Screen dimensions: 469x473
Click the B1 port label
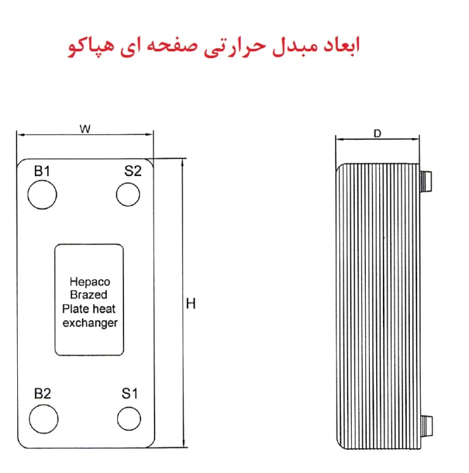click(42, 171)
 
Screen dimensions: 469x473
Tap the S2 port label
click(133, 171)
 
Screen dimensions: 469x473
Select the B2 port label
click(43, 394)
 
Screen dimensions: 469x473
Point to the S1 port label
click(129, 394)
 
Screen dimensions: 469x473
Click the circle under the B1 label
click(42, 180)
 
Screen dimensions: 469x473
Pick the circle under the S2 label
click(128, 183)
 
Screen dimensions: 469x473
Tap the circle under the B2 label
click(44, 405)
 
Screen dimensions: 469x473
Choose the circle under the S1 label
click(129, 407)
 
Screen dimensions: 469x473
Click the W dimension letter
click(85, 129)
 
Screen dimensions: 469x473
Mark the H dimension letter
click(191, 304)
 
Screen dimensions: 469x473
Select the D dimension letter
click(377, 133)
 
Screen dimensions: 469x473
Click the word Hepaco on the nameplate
click(90, 282)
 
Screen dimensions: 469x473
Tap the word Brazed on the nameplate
click(89, 295)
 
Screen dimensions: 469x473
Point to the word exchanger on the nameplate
click(90, 323)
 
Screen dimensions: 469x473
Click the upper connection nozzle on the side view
click(426, 181)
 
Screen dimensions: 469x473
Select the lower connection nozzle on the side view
click(426, 426)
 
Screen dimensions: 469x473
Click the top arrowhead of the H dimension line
click(183, 163)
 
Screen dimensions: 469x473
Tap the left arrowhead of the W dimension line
click(21, 134)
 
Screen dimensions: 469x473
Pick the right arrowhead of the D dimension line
click(415, 139)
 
